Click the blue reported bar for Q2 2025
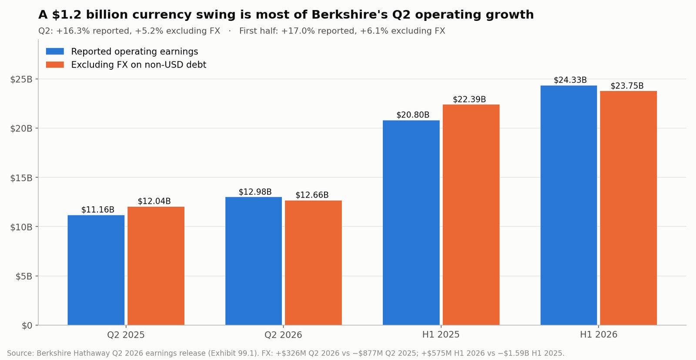[x=96, y=270]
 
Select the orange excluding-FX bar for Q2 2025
[x=156, y=266]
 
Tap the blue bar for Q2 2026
[x=254, y=261]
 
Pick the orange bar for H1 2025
[x=471, y=215]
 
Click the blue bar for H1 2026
[x=569, y=205]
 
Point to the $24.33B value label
[x=570, y=80]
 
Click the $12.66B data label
[x=312, y=195]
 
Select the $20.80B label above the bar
[x=413, y=115]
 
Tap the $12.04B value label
[x=154, y=201]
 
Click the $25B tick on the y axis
[x=21, y=79]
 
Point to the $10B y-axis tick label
[x=21, y=227]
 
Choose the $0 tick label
[x=27, y=326]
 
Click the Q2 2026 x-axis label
[x=283, y=335]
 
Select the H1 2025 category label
[x=441, y=334]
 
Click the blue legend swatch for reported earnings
[x=55, y=51]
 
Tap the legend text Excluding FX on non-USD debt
[x=139, y=65]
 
